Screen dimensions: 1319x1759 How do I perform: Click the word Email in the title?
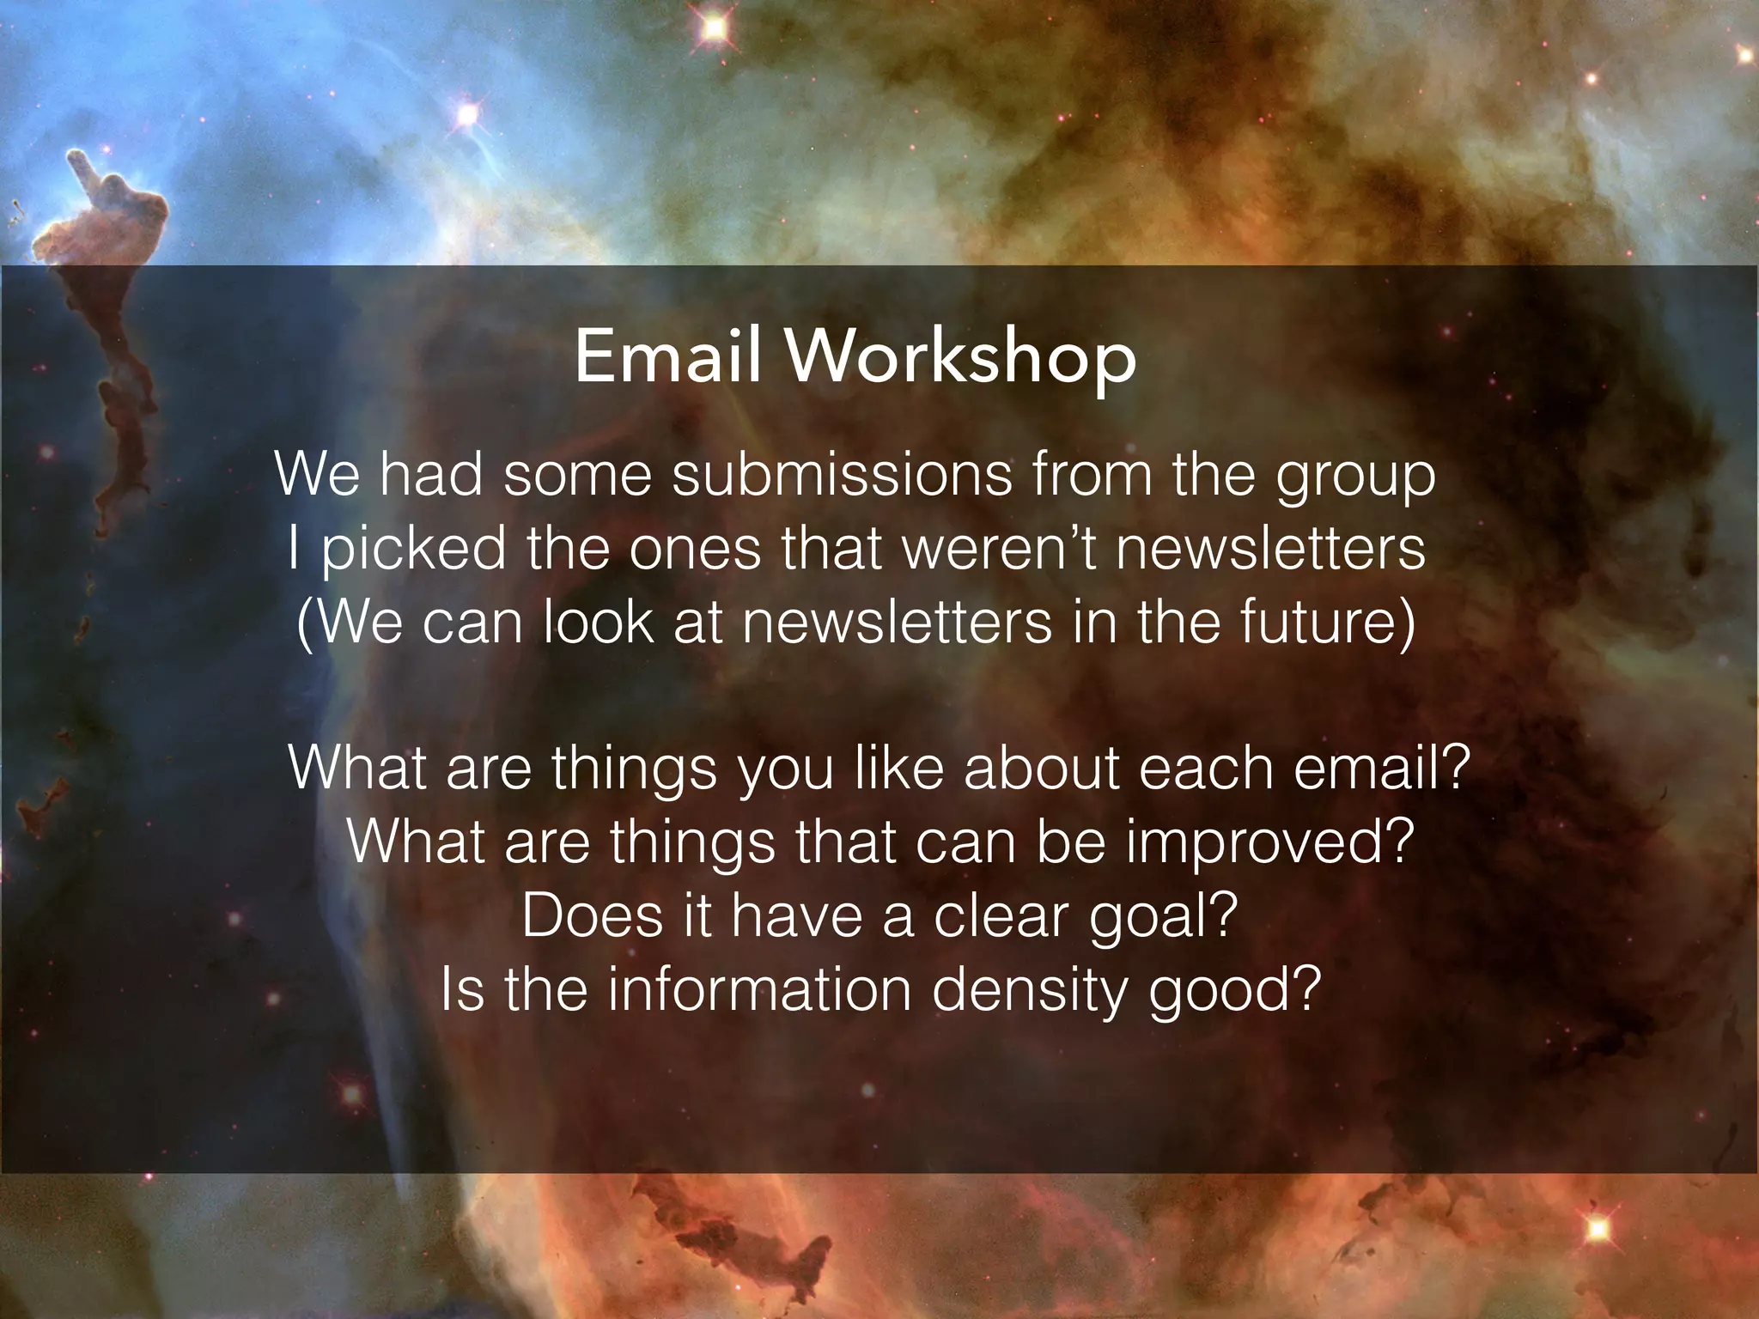pyautogui.click(x=667, y=356)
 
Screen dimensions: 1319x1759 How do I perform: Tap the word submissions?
pyautogui.click(x=842, y=475)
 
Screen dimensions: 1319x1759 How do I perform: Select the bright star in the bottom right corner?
pyautogui.click(x=1598, y=1229)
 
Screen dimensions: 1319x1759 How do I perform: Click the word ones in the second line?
pyautogui.click(x=694, y=550)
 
